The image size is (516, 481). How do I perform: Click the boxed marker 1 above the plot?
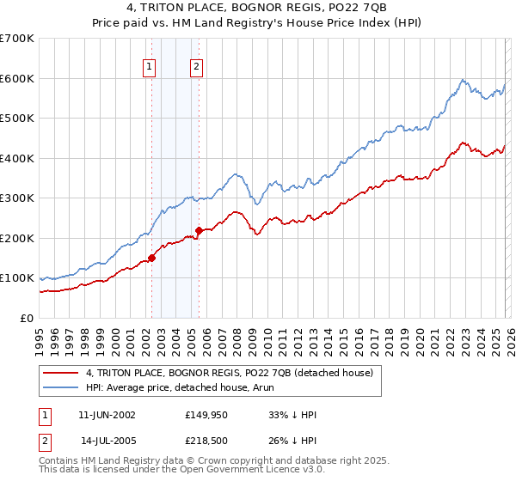[x=150, y=66]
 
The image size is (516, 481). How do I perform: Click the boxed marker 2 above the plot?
[x=196, y=66]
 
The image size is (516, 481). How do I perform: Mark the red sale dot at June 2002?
[x=152, y=257]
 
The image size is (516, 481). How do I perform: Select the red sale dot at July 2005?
[x=199, y=230]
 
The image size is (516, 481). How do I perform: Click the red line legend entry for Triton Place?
[x=229, y=373]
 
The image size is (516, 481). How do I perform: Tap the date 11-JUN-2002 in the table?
[x=112, y=414]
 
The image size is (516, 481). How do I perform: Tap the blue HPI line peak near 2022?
[x=463, y=80]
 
